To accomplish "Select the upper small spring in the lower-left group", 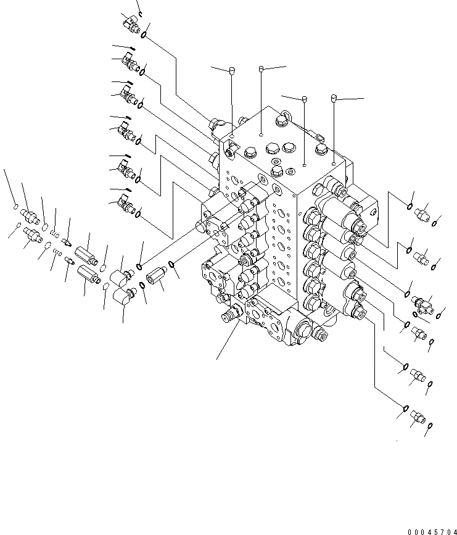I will click(54, 233).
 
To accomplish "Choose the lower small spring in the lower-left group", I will click(57, 251).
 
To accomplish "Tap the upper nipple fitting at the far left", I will click(30, 215).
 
